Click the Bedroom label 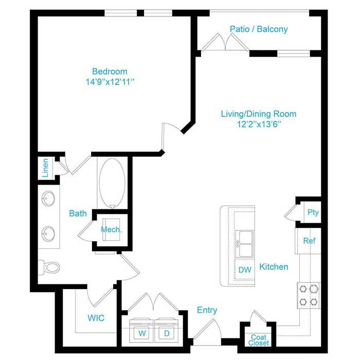(110, 71)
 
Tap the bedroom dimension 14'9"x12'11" (110, 82)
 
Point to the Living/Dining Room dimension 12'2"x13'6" (259, 124)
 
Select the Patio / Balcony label (259, 29)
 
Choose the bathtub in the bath (112, 183)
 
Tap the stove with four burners (309, 295)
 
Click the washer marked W (141, 330)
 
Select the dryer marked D (167, 330)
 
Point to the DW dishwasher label (245, 270)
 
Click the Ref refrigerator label (309, 241)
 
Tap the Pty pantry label (313, 212)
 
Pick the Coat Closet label (259, 340)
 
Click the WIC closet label (96, 318)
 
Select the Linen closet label (45, 168)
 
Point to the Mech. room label (112, 229)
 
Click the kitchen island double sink (244, 244)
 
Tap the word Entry (207, 310)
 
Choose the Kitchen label (274, 267)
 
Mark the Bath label (78, 213)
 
